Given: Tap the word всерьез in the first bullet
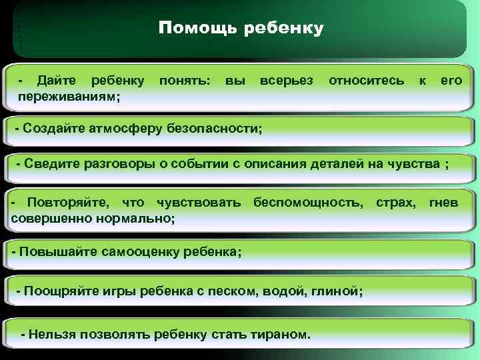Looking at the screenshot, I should pos(286,81).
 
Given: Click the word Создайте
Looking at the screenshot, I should pos(52,128).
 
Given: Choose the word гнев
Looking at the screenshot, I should pos(444,201).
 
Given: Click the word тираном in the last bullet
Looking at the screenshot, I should pos(281,333).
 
